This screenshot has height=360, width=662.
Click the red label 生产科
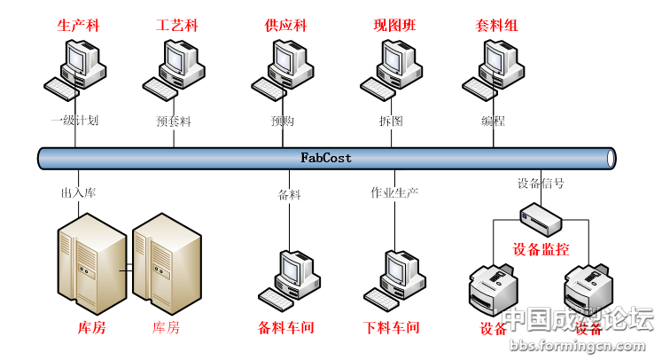click(x=78, y=26)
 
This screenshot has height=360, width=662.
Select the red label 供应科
click(x=285, y=26)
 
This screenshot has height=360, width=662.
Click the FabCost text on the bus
click(x=326, y=159)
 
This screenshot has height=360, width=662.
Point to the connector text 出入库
click(x=77, y=192)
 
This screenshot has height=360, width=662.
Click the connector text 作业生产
click(x=394, y=192)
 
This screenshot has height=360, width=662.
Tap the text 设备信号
click(x=541, y=184)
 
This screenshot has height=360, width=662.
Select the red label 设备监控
click(x=540, y=249)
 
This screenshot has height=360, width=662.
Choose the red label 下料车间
click(x=391, y=328)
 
